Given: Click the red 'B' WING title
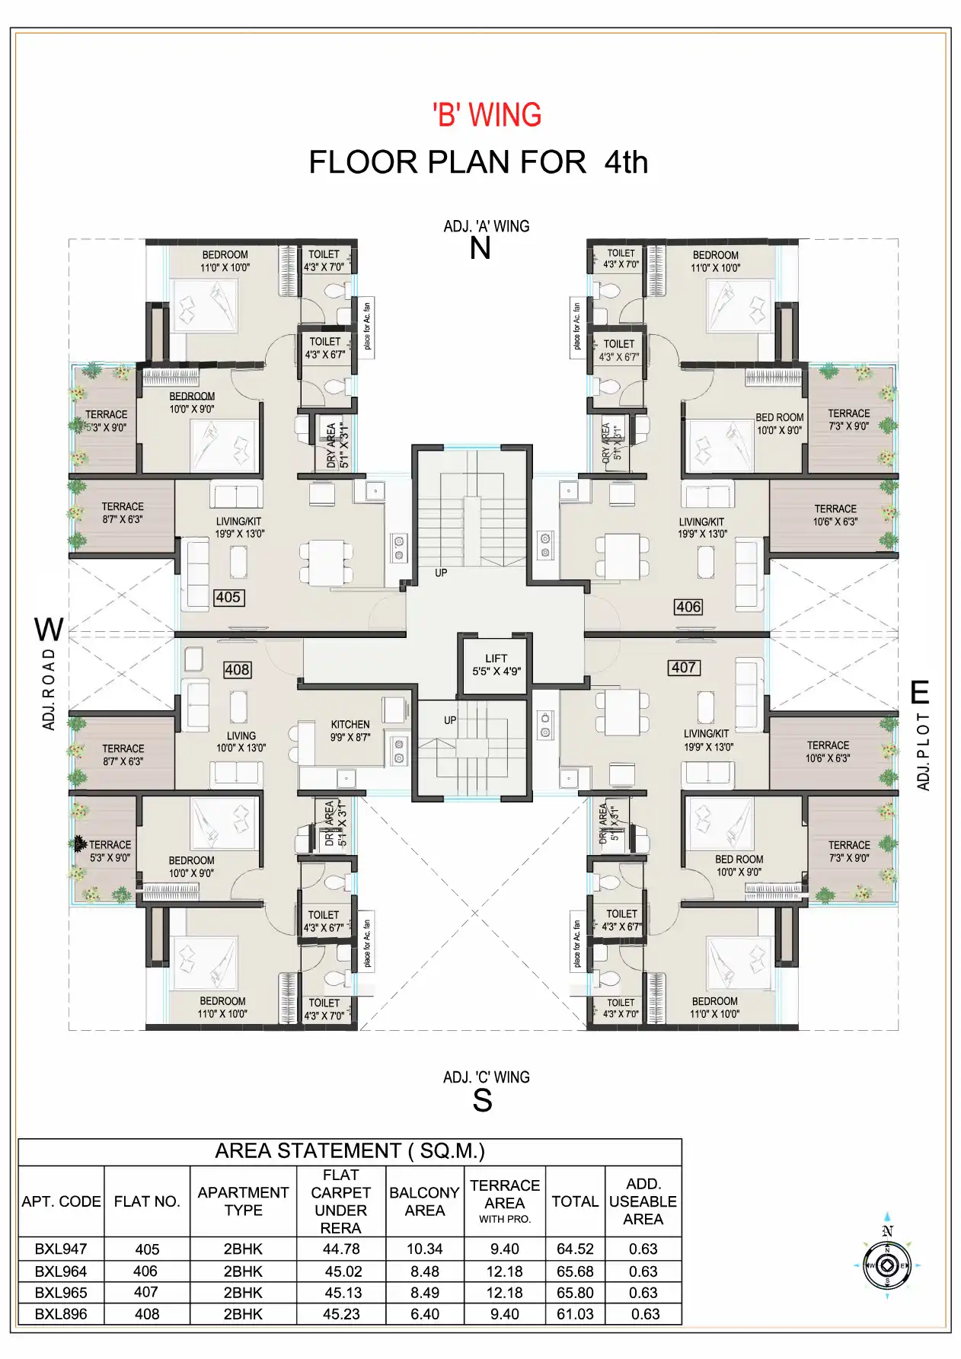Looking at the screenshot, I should pyautogui.click(x=487, y=115).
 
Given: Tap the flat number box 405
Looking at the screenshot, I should pyautogui.click(x=228, y=597).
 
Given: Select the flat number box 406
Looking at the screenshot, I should pyautogui.click(x=688, y=607).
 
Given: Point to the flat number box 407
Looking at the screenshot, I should pyautogui.click(x=683, y=667).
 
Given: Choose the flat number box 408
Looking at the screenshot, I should pyautogui.click(x=237, y=669).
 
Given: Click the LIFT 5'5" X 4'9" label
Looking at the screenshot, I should pyautogui.click(x=496, y=665).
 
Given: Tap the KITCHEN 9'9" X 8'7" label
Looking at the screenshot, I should pyautogui.click(x=350, y=731).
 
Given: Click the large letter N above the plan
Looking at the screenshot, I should pyautogui.click(x=480, y=249).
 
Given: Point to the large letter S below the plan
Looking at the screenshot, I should pyautogui.click(x=482, y=1101).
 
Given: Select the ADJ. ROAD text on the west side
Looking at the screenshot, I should pyautogui.click(x=49, y=689).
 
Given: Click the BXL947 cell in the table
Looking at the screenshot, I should pyautogui.click(x=61, y=1249).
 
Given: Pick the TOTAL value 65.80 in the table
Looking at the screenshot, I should pyautogui.click(x=575, y=1293).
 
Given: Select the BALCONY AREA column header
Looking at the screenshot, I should pyautogui.click(x=424, y=1201).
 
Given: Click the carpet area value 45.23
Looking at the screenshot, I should pyautogui.click(x=340, y=1314).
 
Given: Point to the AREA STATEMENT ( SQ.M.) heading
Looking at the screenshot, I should pyautogui.click(x=350, y=1150).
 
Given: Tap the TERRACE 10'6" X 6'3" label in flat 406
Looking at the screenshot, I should pyautogui.click(x=835, y=515).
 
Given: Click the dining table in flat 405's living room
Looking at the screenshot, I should pyautogui.click(x=326, y=562).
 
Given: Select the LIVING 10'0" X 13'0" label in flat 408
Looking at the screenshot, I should pyautogui.click(x=241, y=742).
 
